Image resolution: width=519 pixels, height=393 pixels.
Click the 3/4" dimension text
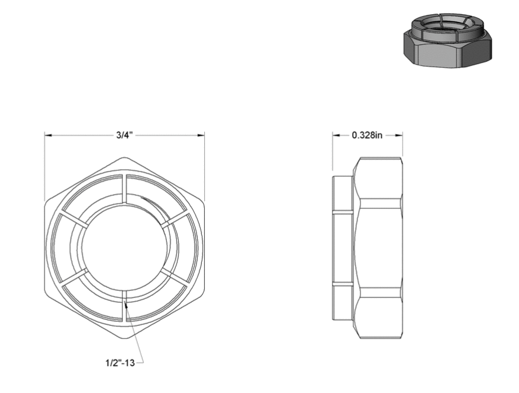click(x=125, y=135)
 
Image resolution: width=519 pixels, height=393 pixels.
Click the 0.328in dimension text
click(x=367, y=135)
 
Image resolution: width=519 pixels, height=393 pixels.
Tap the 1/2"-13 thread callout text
click(x=120, y=363)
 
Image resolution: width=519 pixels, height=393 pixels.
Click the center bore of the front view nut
click(x=125, y=248)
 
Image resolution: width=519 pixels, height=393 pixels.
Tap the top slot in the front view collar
click(x=126, y=188)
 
